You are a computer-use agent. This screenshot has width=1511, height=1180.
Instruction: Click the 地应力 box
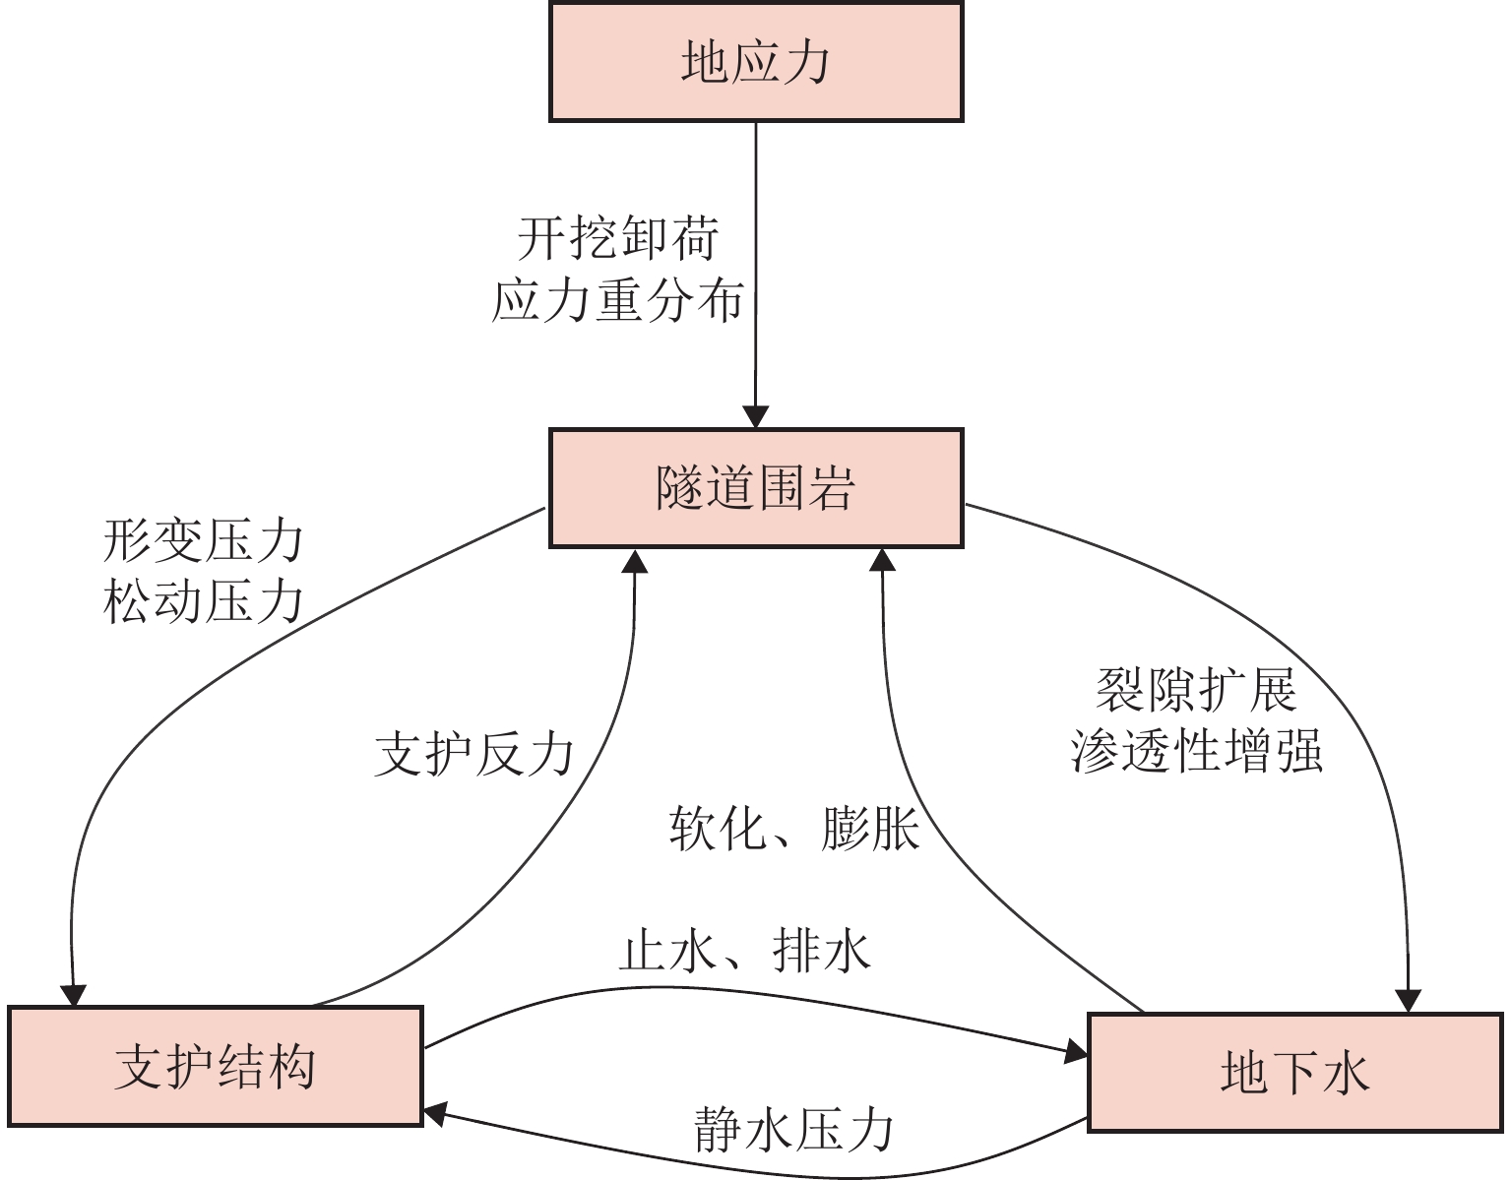[x=755, y=62]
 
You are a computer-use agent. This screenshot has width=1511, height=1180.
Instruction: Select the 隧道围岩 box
[x=755, y=487]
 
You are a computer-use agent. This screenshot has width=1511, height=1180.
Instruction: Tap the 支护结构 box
[x=216, y=1066]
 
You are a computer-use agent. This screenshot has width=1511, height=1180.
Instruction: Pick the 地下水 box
[x=1294, y=1072]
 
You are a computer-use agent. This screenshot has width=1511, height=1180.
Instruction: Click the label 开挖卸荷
[x=618, y=238]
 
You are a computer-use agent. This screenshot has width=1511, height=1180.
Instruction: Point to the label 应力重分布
[x=617, y=300]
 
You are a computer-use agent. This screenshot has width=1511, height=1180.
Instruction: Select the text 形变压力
[x=203, y=540]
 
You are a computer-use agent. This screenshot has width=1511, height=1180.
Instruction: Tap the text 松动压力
[x=203, y=601]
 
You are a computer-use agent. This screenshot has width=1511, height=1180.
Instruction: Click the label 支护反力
[x=473, y=755]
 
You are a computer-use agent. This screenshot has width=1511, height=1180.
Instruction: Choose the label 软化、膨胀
[x=793, y=829]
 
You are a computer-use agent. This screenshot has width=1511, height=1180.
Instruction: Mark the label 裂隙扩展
[x=1196, y=689]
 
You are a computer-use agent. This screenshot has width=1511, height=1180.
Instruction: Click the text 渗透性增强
[x=1196, y=751]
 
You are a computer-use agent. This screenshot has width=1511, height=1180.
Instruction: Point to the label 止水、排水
[x=745, y=951]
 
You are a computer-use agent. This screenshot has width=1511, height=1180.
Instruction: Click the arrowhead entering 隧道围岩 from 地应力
[x=755, y=417]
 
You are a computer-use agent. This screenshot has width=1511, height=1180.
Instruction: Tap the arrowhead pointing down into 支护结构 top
[x=73, y=994]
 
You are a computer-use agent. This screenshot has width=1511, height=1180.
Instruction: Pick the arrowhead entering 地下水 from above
[x=1409, y=1001]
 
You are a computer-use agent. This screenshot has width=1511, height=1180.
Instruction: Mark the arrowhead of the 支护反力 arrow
[x=635, y=560]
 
